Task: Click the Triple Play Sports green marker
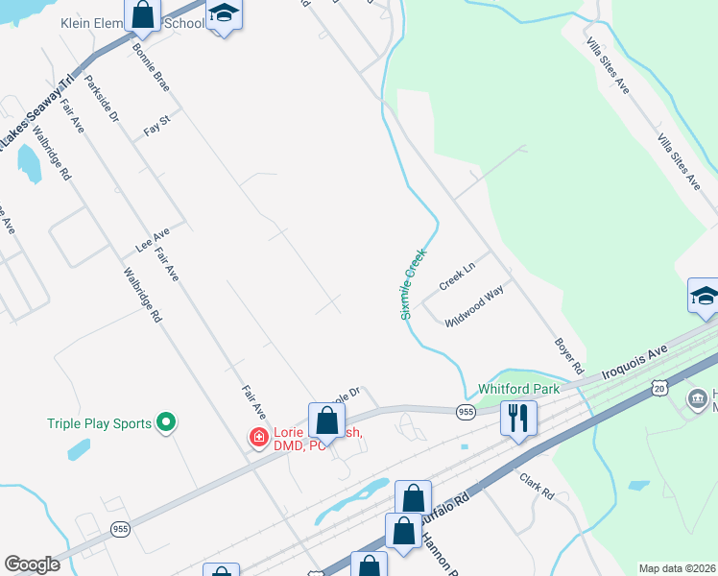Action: coord(166,421)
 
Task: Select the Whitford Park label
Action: coord(518,390)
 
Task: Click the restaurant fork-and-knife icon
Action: coord(518,418)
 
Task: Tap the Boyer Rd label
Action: coord(569,356)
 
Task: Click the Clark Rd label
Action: coord(538,487)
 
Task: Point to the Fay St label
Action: coord(156,126)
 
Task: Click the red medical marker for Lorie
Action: coord(257,438)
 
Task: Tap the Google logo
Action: coord(32,564)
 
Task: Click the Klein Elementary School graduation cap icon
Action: coord(224,13)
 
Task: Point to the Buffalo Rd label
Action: coord(447,509)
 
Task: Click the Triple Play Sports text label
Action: coord(100,423)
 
